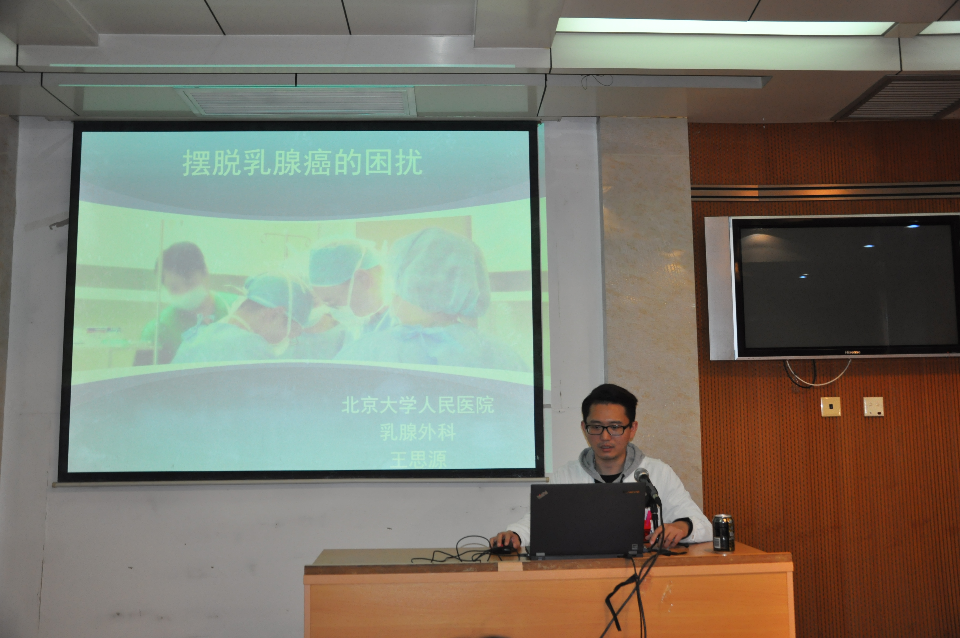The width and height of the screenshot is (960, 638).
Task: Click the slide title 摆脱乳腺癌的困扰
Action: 302,163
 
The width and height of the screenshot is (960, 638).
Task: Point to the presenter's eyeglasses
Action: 607,429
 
